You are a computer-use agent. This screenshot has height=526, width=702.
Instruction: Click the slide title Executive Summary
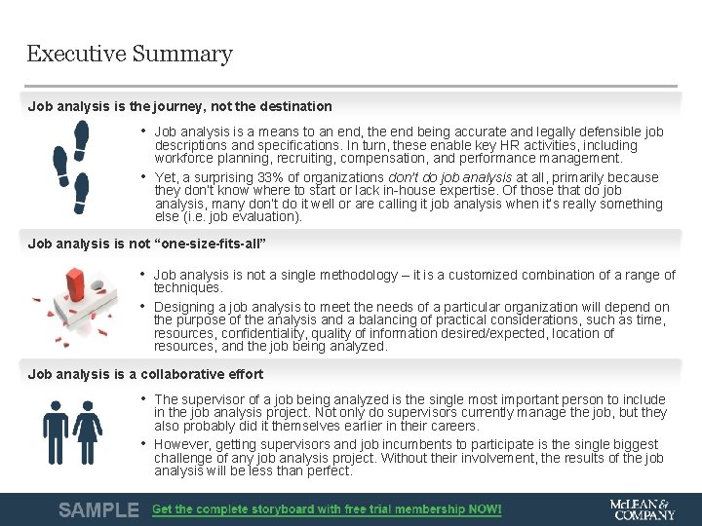tap(130, 55)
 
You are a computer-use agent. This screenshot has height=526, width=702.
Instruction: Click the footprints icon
tap(71, 167)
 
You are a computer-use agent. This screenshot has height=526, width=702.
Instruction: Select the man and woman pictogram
tap(71, 432)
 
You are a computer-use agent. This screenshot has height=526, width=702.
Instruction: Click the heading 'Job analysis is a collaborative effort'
tap(145, 374)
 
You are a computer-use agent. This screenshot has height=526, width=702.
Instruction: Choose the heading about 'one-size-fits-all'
tap(147, 244)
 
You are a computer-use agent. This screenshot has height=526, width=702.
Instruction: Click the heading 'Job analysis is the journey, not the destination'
tap(179, 106)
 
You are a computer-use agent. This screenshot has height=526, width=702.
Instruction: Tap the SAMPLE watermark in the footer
tap(97, 509)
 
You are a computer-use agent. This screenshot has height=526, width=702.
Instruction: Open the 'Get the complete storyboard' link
tap(327, 509)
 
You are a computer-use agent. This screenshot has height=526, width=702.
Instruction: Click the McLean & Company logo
tap(641, 509)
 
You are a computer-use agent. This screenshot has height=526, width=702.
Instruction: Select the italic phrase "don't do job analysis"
tap(449, 177)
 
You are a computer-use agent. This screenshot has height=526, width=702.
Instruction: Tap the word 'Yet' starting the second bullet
tap(166, 177)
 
